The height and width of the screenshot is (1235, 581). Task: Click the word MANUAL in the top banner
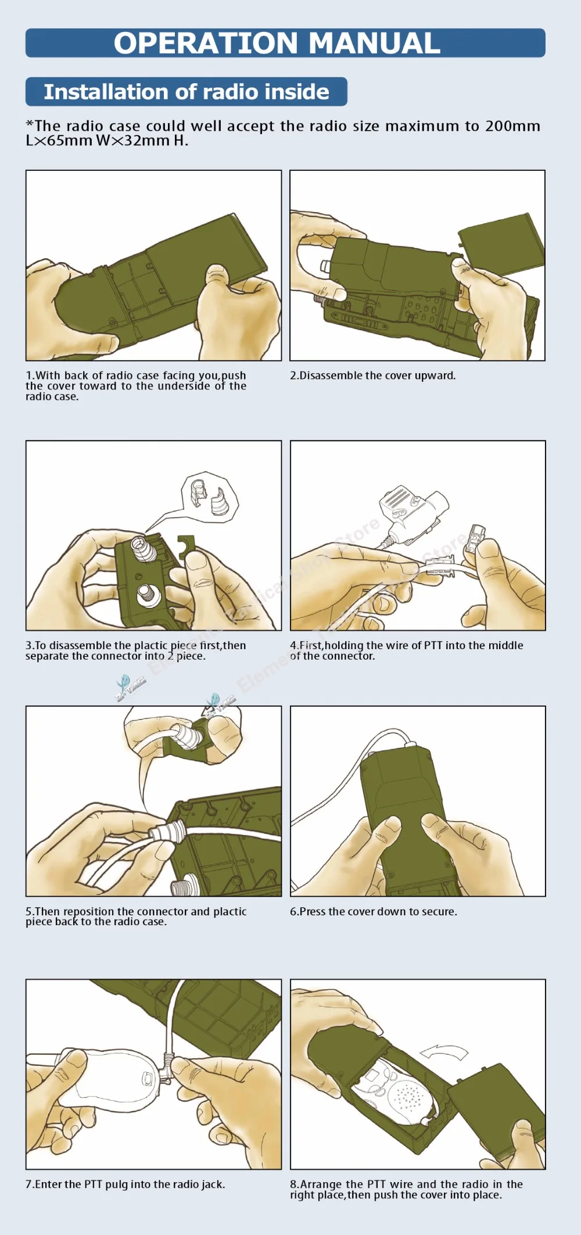(x=374, y=43)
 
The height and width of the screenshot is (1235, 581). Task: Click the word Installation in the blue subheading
(x=106, y=92)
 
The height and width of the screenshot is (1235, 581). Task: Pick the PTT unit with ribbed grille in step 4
(x=411, y=509)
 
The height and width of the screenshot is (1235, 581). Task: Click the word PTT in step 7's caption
(x=94, y=1184)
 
